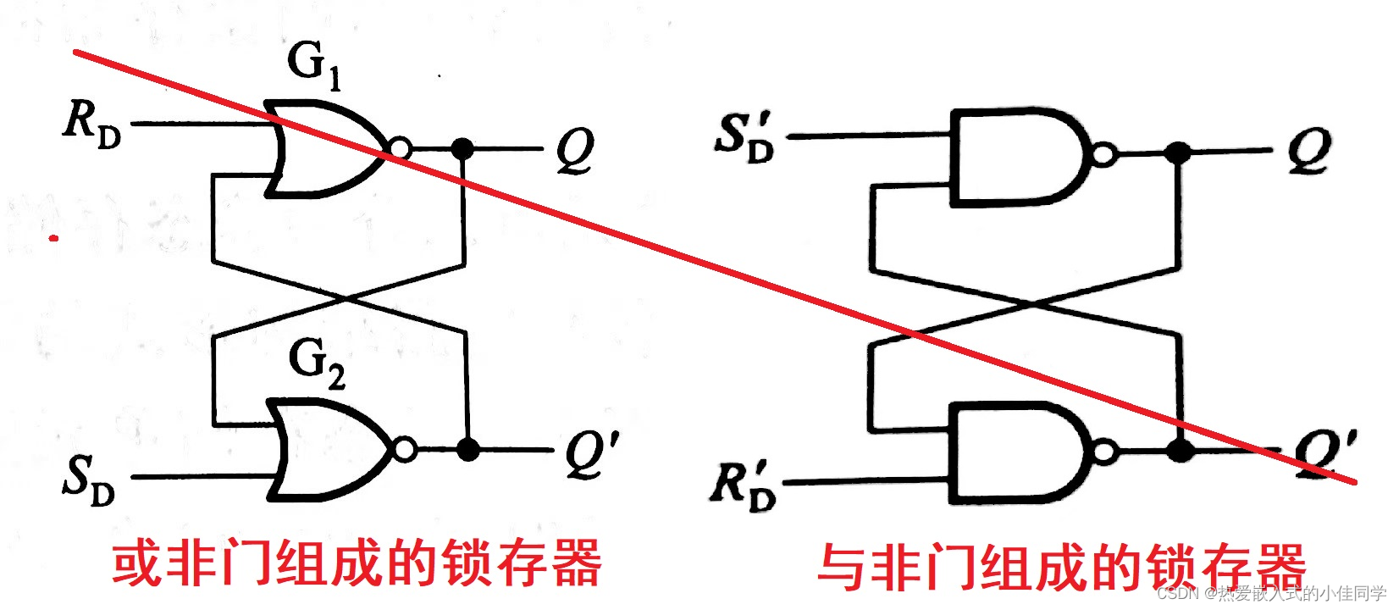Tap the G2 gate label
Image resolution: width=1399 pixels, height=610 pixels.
click(x=317, y=363)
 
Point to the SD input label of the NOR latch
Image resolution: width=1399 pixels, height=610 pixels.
click(x=89, y=479)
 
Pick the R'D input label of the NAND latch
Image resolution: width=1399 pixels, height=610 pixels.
click(x=743, y=485)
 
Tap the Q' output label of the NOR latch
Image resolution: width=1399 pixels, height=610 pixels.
click(x=591, y=453)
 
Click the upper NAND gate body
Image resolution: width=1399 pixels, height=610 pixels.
click(x=1016, y=157)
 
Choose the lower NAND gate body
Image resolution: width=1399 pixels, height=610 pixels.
click(x=1016, y=452)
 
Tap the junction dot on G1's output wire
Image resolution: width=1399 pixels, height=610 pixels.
click(x=462, y=149)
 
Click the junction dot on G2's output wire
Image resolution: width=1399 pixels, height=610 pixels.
click(x=467, y=449)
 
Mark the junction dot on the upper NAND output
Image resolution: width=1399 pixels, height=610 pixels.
click(x=1178, y=153)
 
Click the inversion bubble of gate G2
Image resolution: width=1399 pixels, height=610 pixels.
click(x=406, y=449)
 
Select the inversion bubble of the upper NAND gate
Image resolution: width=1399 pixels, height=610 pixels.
click(x=1104, y=155)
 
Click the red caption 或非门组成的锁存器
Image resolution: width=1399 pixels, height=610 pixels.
click(x=357, y=563)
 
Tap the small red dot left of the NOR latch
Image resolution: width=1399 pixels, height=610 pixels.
click(x=54, y=238)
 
